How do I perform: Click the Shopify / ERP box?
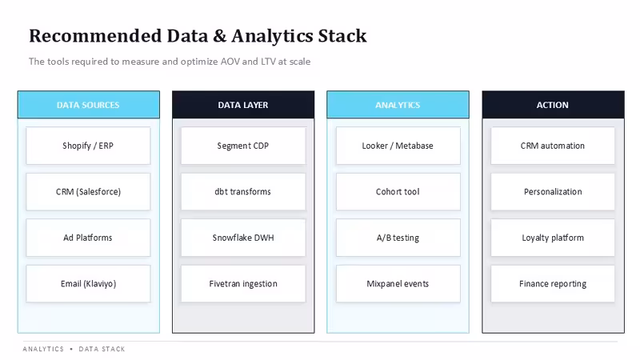pyautogui.click(x=88, y=146)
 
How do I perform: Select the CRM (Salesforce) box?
pyautogui.click(x=88, y=192)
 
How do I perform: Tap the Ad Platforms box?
pyautogui.click(x=88, y=238)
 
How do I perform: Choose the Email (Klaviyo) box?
pyautogui.click(x=88, y=284)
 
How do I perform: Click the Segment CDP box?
pyautogui.click(x=243, y=146)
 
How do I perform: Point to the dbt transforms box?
pyautogui.click(x=243, y=192)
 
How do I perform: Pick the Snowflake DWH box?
pyautogui.click(x=243, y=238)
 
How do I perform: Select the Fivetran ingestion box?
pyautogui.click(x=243, y=284)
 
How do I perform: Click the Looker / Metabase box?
pyautogui.click(x=398, y=146)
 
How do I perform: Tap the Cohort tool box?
pyautogui.click(x=398, y=192)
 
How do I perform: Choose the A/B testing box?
pyautogui.click(x=398, y=238)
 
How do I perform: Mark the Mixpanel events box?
pyautogui.click(x=398, y=284)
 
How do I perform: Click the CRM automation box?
pyautogui.click(x=553, y=146)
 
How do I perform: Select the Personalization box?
pyautogui.click(x=553, y=192)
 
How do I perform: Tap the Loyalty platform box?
pyautogui.click(x=553, y=238)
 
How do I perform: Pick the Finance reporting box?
pyautogui.click(x=553, y=284)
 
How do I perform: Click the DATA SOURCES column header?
pyautogui.click(x=89, y=105)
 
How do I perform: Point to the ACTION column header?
pyautogui.click(x=553, y=105)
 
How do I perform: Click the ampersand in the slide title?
pyautogui.click(x=219, y=36)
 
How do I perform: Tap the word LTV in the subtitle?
pyautogui.click(x=268, y=62)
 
